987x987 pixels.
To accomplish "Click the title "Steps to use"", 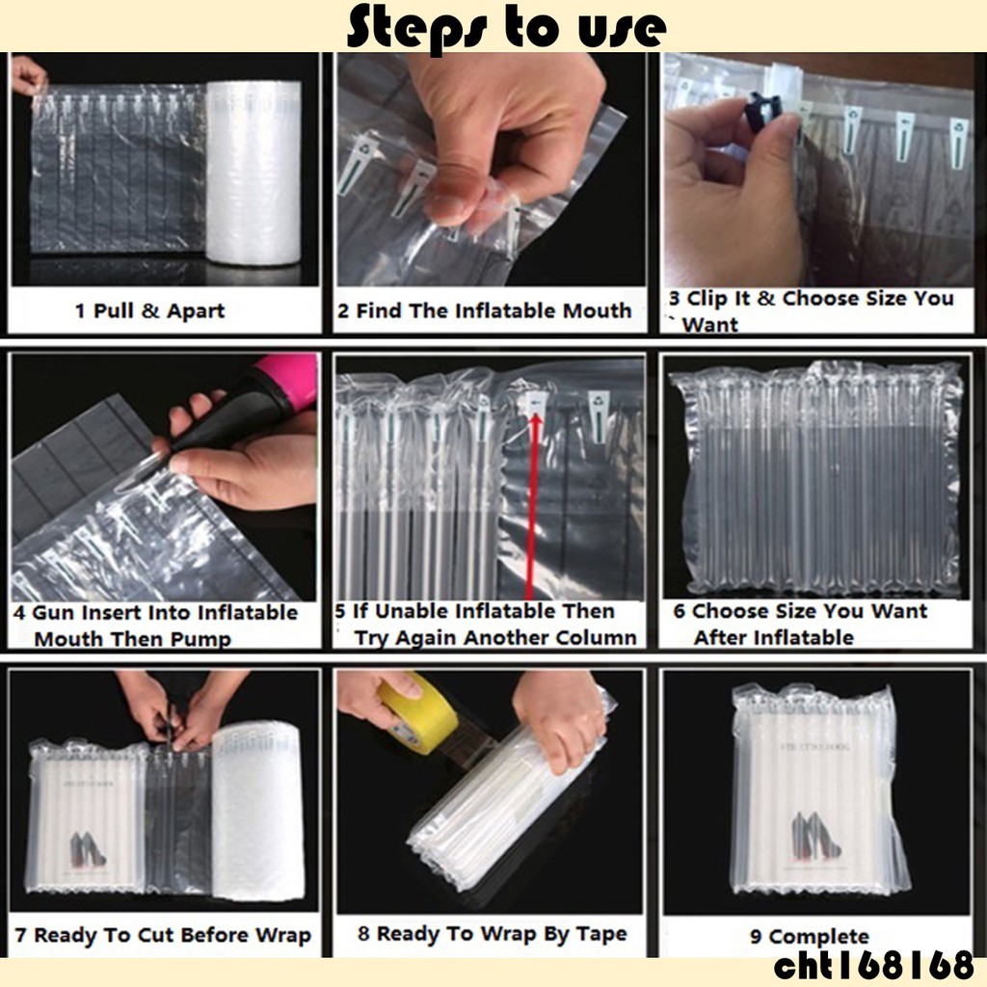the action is [506, 27].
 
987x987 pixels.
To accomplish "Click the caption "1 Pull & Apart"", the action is [149, 310].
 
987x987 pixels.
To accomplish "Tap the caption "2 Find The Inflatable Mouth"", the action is [484, 310].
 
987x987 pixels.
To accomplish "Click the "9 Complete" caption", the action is [809, 936].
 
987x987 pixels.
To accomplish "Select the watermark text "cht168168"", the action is [873, 966].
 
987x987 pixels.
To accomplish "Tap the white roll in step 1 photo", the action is [253, 173].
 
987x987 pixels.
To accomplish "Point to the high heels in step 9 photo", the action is [815, 837].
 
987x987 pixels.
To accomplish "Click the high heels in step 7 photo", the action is [87, 849].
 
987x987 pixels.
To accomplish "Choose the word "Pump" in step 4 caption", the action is [200, 640].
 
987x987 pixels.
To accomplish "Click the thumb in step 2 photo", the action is [455, 192].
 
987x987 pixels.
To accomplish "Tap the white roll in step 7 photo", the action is [258, 811].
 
